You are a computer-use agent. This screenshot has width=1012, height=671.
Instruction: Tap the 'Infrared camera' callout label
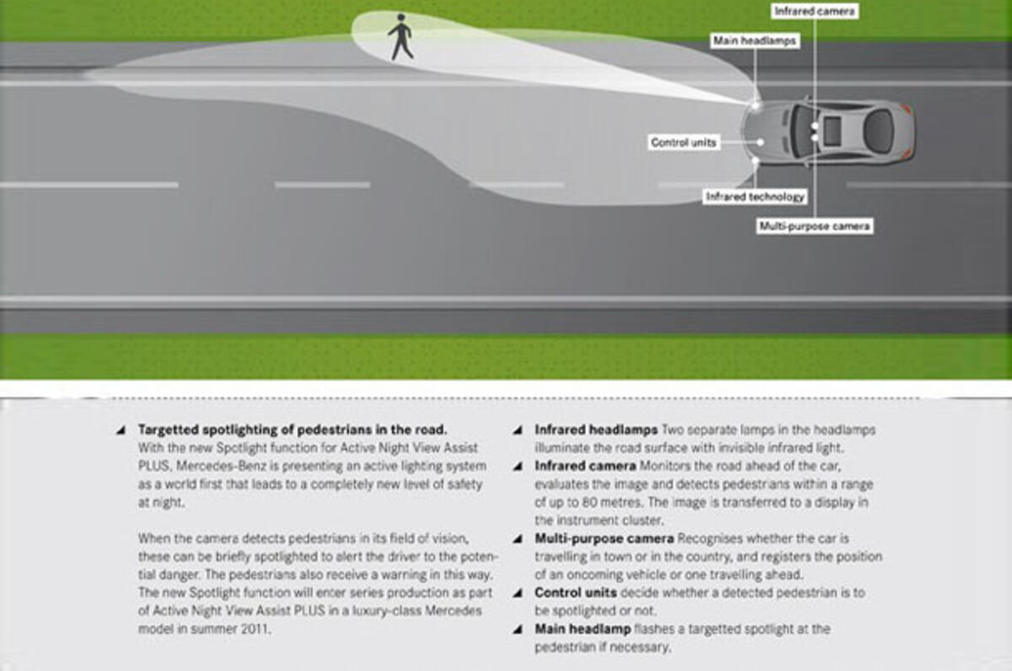pos(816,12)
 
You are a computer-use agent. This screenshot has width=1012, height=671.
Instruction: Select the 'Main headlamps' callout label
pos(755,41)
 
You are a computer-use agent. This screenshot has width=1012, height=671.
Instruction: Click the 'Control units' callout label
pos(683,143)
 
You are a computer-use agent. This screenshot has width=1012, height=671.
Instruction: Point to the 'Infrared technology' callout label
pos(755,197)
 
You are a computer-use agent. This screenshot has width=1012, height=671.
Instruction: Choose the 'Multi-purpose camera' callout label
pos(814,226)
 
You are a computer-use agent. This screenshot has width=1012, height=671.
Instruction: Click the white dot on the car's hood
pos(761,143)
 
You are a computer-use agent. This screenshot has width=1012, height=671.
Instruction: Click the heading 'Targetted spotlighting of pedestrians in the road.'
pos(292,429)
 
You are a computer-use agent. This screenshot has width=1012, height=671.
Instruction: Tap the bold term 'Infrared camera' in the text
pos(585,465)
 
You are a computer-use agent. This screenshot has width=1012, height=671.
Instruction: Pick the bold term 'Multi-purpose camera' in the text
pos(604,538)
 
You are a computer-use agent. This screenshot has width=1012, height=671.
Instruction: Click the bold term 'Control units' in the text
pos(575,593)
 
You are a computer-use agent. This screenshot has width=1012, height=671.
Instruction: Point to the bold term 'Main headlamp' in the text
pos(582,629)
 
